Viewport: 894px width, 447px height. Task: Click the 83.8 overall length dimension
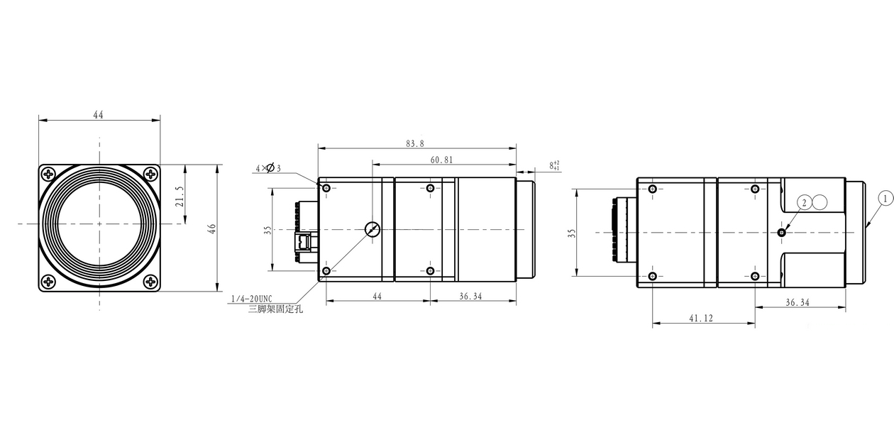click(x=415, y=143)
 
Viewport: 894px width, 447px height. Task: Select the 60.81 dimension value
click(x=441, y=160)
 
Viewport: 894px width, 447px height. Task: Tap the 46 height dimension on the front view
click(x=211, y=228)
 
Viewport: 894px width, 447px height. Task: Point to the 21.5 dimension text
click(x=180, y=197)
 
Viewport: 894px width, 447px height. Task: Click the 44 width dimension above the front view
click(x=98, y=115)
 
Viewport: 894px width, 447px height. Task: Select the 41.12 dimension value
click(x=700, y=319)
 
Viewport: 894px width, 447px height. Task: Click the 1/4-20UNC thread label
click(x=251, y=298)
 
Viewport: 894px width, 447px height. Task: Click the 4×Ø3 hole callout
click(x=268, y=168)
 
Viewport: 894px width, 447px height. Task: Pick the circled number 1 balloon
click(x=885, y=198)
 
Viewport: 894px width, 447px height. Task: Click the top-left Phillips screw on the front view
click(x=48, y=174)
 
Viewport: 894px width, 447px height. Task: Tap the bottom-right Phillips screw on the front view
click(x=151, y=282)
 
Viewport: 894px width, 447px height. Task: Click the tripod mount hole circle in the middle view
click(x=372, y=229)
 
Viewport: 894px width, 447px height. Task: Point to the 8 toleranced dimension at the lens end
click(x=553, y=165)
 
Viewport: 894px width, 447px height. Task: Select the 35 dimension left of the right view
click(x=572, y=233)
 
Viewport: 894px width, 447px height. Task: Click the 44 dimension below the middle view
click(x=377, y=296)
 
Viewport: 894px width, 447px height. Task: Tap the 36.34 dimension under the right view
click(x=798, y=302)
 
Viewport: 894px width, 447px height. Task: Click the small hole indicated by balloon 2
click(x=781, y=232)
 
